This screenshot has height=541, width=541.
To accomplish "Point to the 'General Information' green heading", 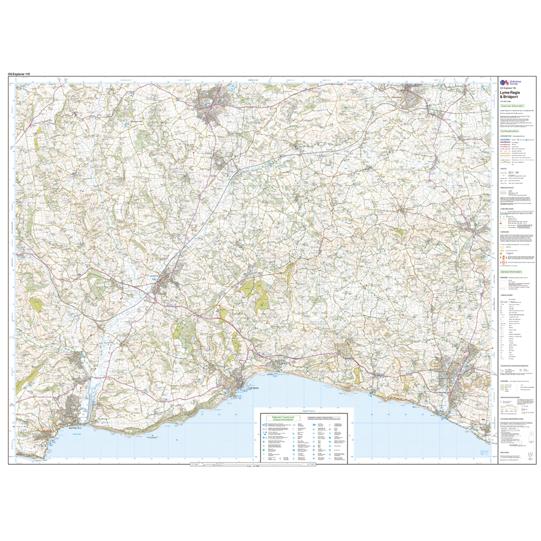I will pyautogui.click(x=511, y=272).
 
